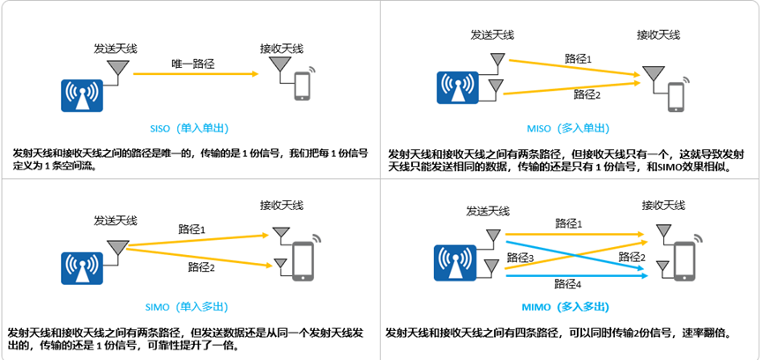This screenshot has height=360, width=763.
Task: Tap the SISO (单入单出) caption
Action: pos(191,127)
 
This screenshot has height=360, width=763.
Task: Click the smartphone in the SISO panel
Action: pos(303,87)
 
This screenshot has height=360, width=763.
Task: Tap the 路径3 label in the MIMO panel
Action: pos(521,258)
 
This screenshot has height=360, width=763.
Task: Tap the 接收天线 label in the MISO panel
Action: pos(659,35)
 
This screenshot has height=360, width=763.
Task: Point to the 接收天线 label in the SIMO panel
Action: pos(281,205)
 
